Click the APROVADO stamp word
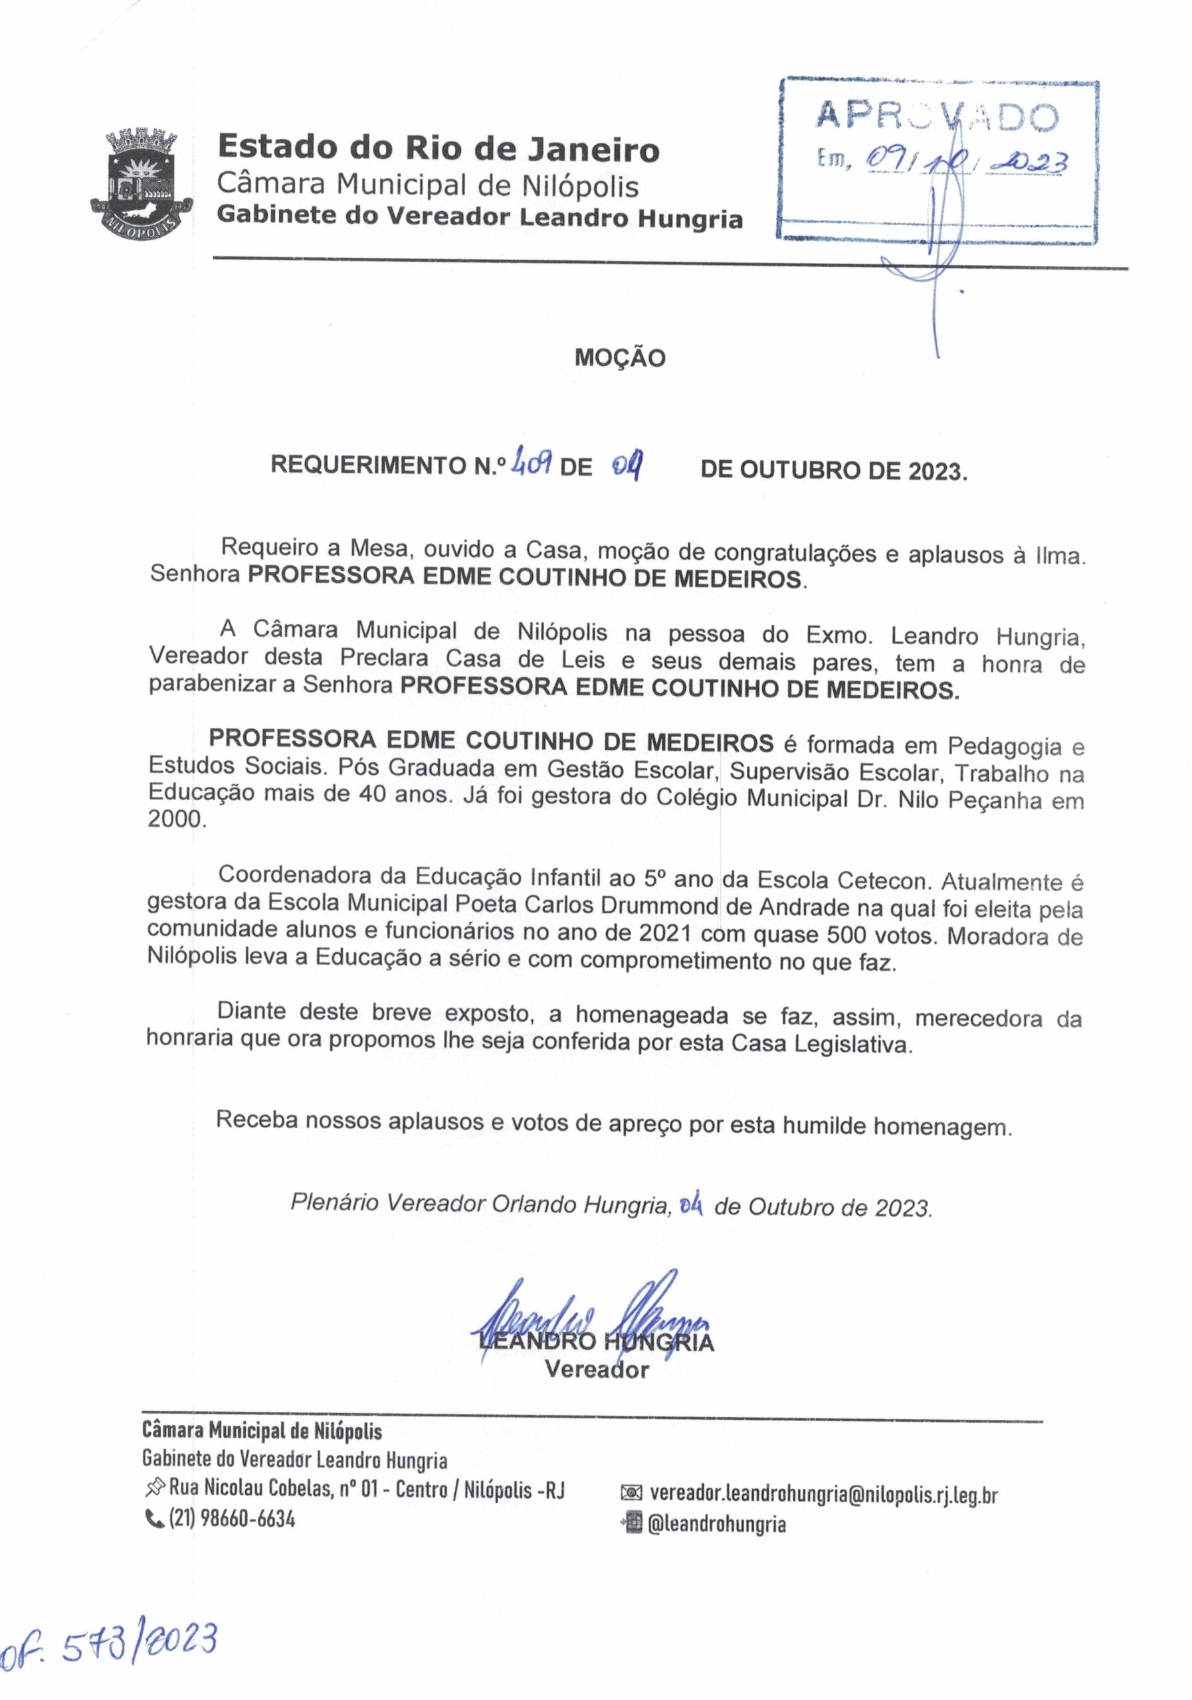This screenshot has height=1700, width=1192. pos(936,116)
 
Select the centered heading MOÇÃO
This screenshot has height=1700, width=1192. pos(620,359)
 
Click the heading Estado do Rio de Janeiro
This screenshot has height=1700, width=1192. pos(438,149)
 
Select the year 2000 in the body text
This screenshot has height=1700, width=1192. pos(174,819)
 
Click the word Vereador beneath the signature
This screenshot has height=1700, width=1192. pos(597,1370)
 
